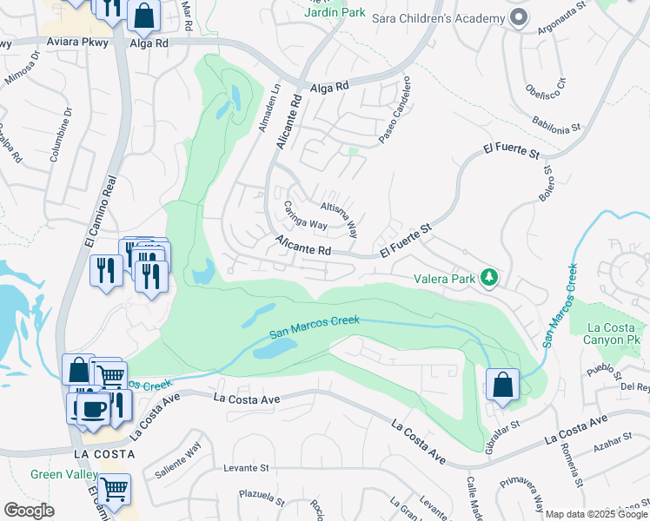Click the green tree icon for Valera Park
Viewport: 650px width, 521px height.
tap(490, 278)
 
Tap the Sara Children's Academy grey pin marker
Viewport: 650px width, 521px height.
tap(519, 18)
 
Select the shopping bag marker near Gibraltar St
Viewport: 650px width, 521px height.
tap(502, 386)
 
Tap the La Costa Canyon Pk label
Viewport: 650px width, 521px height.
tap(614, 334)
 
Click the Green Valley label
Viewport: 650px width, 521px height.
tap(58, 474)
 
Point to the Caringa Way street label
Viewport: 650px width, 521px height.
tap(305, 215)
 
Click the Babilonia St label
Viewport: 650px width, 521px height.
tap(553, 125)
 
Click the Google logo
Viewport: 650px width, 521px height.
tap(29, 510)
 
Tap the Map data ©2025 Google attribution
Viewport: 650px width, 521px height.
tap(596, 514)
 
